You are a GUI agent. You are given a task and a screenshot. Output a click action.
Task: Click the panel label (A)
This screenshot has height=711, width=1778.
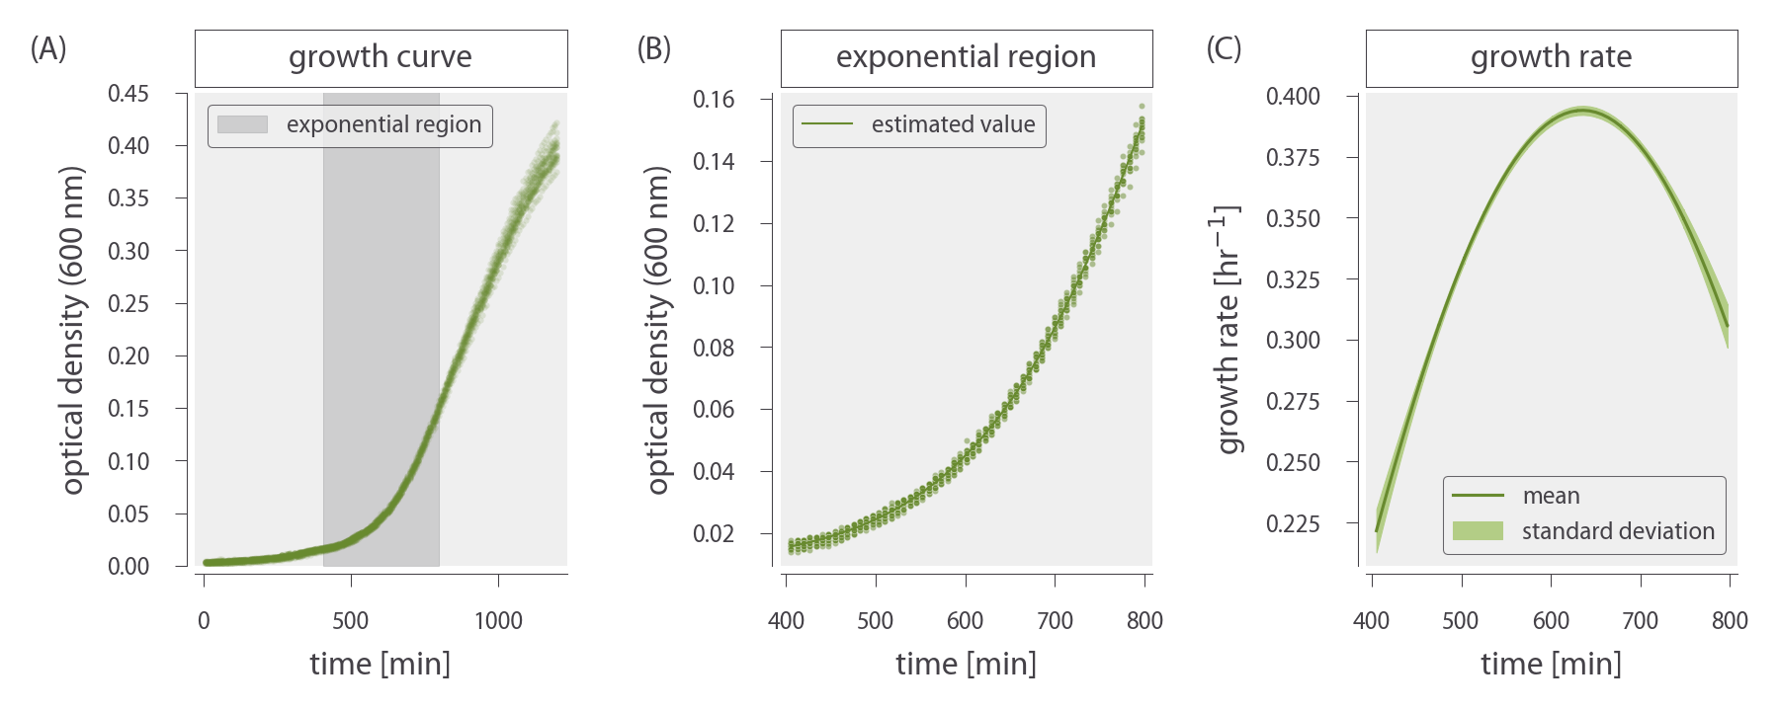(48, 48)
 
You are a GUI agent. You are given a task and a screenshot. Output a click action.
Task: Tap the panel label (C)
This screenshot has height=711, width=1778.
(1224, 48)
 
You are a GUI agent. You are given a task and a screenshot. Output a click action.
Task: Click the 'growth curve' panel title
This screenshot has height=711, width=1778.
(381, 57)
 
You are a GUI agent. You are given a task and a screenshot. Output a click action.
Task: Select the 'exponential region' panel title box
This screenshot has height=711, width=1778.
(966, 57)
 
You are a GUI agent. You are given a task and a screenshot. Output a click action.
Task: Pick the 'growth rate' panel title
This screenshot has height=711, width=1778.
(1551, 57)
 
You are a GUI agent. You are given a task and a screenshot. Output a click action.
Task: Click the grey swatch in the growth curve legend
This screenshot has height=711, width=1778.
(242, 124)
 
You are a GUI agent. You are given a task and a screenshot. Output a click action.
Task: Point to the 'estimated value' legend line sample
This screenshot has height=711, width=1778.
(826, 124)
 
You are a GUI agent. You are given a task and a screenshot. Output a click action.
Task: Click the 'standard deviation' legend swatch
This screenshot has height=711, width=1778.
(1478, 531)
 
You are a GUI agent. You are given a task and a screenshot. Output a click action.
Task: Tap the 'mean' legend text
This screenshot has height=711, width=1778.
(1551, 496)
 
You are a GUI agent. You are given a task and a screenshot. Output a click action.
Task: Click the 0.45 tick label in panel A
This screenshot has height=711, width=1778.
(128, 94)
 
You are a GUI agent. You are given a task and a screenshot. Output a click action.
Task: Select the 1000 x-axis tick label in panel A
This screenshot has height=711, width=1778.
(498, 620)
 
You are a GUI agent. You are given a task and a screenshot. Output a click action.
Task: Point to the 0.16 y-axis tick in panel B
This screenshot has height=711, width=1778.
(714, 99)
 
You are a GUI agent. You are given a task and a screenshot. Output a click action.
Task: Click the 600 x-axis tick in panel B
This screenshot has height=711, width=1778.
(965, 620)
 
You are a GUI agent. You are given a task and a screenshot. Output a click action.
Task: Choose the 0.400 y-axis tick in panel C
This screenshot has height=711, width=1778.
(1293, 97)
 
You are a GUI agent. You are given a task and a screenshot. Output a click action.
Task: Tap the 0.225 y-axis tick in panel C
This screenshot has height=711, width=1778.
(1293, 523)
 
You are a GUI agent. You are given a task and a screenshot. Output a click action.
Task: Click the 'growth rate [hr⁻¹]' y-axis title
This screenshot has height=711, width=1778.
(1228, 330)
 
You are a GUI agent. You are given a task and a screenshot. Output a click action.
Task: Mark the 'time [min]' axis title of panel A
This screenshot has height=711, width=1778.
(381, 664)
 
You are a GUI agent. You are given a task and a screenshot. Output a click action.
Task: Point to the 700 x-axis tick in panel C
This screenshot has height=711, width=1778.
(1640, 620)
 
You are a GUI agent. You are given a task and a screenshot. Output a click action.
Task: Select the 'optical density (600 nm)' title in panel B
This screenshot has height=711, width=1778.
(658, 330)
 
